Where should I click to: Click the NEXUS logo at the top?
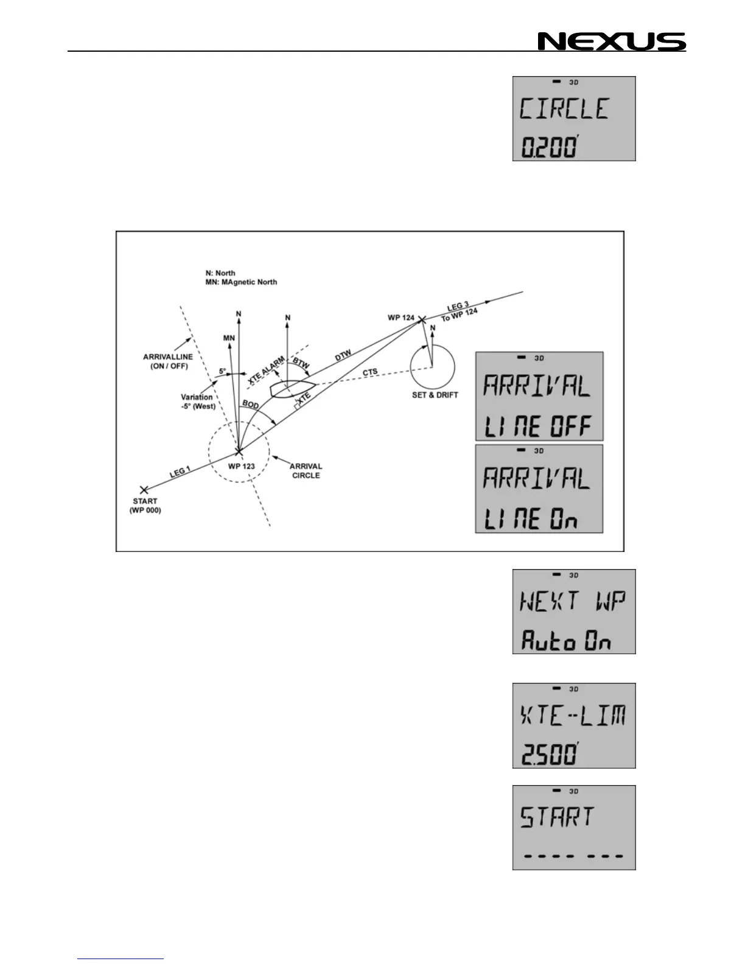pos(612,41)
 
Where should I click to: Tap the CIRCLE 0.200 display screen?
pos(574,119)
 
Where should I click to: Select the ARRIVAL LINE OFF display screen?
pos(539,396)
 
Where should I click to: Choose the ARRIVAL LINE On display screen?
pos(539,489)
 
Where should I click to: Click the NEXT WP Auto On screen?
pos(574,612)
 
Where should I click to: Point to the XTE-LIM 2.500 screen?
pos(574,725)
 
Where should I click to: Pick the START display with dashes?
pos(574,827)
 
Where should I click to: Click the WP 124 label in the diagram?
pos(401,318)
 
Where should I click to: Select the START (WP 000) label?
pos(145,506)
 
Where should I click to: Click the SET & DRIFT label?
pos(435,395)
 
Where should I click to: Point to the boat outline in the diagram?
pos(293,387)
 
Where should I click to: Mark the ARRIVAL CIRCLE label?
pos(306,470)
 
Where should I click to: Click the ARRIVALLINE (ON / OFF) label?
pos(165,361)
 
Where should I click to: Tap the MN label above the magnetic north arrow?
pos(229,338)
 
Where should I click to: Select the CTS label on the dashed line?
pos(370,372)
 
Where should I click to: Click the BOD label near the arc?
pos(250,403)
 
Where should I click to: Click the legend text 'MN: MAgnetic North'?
pos(241,282)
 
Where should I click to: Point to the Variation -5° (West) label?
pos(198,402)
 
